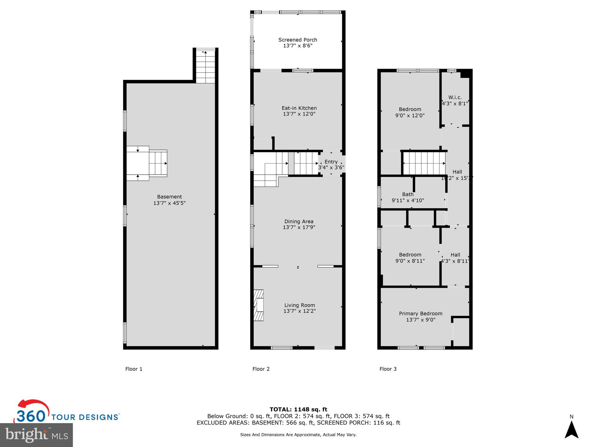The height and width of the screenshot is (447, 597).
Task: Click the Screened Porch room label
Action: click(x=298, y=40)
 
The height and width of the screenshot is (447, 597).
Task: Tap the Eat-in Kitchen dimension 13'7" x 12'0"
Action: click(x=299, y=114)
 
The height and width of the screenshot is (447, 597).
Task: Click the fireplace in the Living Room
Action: click(x=259, y=305)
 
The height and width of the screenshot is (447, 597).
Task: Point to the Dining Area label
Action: click(x=299, y=221)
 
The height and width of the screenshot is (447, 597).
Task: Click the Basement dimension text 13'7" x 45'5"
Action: click(x=169, y=203)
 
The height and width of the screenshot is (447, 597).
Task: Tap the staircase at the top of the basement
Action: click(x=206, y=67)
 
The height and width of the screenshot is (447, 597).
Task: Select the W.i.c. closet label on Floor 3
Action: click(x=455, y=97)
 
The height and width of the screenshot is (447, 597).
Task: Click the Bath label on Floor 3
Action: click(x=408, y=194)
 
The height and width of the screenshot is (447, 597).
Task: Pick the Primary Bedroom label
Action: click(x=420, y=314)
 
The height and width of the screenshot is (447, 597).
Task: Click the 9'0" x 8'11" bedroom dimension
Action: click(x=410, y=261)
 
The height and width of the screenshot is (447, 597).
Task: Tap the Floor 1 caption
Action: click(x=134, y=369)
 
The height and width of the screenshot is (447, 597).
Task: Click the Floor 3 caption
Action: click(x=388, y=369)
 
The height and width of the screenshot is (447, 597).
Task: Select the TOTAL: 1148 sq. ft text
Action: click(x=298, y=409)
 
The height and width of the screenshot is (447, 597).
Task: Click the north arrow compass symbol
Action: click(x=571, y=430)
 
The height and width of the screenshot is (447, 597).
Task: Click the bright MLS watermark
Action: click(x=36, y=435)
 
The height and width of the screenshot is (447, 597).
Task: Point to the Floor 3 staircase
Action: click(x=424, y=164)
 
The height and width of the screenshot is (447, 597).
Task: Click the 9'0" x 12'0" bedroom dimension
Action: click(x=410, y=116)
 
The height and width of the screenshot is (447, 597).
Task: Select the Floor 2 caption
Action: click(x=261, y=369)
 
